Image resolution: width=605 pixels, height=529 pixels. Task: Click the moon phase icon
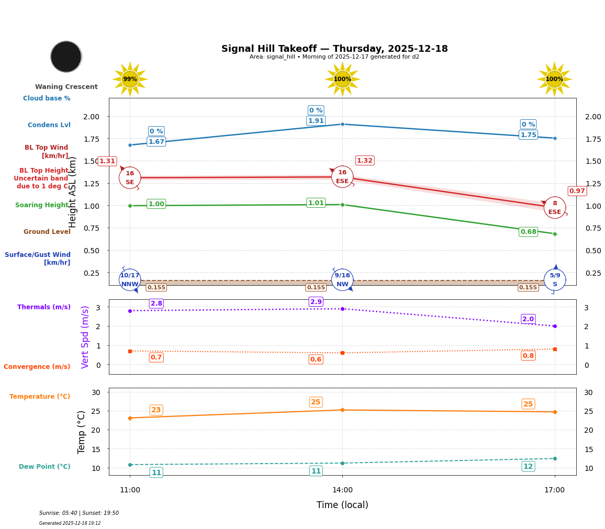click(x=66, y=57)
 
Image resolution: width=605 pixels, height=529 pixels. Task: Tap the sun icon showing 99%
click(x=130, y=79)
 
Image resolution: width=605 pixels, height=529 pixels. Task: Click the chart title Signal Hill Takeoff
click(x=334, y=49)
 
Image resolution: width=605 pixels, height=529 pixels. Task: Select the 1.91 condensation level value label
click(x=316, y=121)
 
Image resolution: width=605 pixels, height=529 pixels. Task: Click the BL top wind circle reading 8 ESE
click(x=555, y=208)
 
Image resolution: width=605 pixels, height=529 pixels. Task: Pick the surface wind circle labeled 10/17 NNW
click(x=130, y=280)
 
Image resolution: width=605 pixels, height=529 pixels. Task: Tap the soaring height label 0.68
click(x=528, y=232)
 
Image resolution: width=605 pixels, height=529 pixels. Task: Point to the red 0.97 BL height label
click(x=577, y=191)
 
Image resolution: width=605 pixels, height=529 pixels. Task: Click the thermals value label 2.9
click(x=316, y=302)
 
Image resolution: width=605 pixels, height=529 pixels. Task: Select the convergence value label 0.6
click(x=316, y=359)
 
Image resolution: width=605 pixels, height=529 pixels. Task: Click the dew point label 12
click(x=528, y=467)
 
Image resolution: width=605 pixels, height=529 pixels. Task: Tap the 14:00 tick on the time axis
click(x=342, y=490)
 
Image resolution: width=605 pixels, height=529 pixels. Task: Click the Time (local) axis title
click(x=342, y=505)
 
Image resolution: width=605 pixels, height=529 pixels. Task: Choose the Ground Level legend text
click(x=47, y=232)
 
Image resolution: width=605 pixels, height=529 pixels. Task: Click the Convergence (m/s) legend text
click(x=37, y=367)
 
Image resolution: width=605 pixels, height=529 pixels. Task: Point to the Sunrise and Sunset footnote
click(x=79, y=513)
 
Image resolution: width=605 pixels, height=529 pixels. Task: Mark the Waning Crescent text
click(x=66, y=87)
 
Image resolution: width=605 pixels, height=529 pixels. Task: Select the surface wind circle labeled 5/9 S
click(x=555, y=280)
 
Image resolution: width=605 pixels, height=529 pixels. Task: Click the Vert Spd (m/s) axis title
click(x=85, y=337)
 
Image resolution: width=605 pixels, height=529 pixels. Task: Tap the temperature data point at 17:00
click(x=555, y=412)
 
